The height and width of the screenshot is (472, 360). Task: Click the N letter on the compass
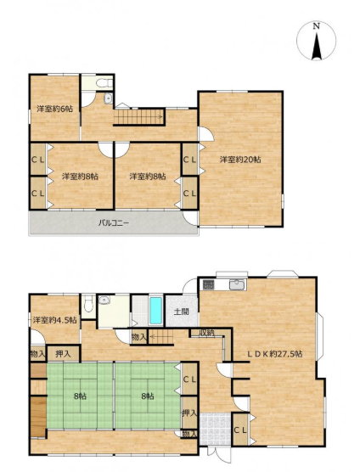(x=316, y=26)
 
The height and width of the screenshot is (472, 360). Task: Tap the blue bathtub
(x=155, y=311)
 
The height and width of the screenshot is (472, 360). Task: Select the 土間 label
(x=181, y=312)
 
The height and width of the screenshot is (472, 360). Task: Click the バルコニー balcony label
(x=114, y=223)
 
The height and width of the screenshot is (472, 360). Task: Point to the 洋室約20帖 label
(x=240, y=160)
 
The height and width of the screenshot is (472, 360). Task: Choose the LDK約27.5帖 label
(x=274, y=354)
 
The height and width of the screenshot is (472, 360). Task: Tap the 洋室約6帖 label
(x=55, y=109)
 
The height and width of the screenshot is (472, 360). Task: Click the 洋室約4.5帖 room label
(x=54, y=320)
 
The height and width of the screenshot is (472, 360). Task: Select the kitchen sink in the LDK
(x=238, y=284)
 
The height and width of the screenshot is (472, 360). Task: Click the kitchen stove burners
(x=208, y=284)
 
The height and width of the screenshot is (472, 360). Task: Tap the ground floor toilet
(x=88, y=304)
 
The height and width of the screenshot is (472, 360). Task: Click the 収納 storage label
(x=206, y=333)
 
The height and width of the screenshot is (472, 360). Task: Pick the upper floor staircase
(x=139, y=117)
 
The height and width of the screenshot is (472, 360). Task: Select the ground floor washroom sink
(x=104, y=300)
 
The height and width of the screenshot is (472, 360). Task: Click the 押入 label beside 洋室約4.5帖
(x=63, y=354)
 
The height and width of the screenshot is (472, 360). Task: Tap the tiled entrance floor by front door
(x=215, y=429)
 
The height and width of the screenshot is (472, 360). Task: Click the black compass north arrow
(x=317, y=47)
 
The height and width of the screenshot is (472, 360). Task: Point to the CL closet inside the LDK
(x=240, y=430)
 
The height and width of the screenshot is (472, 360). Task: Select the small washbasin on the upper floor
(x=109, y=98)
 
